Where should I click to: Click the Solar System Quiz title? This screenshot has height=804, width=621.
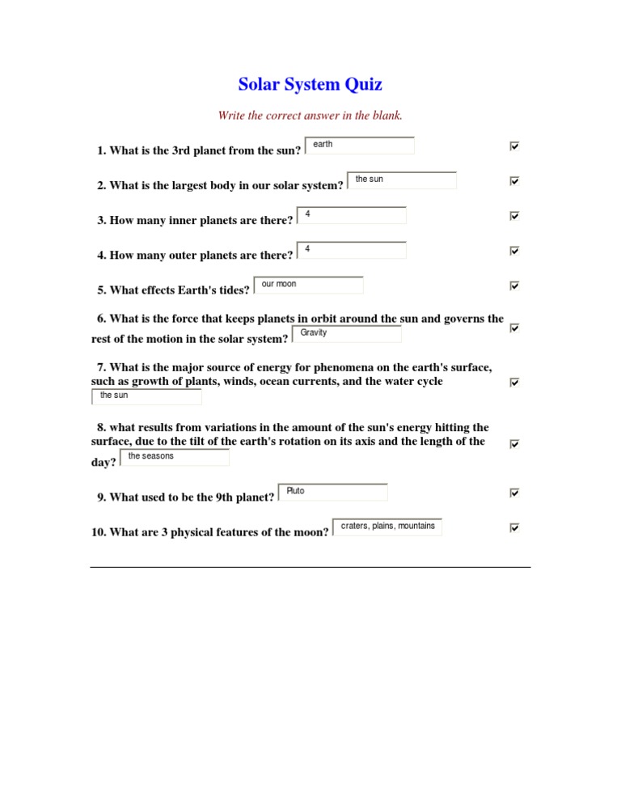tap(310, 84)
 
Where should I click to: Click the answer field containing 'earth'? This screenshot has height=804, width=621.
tap(360, 146)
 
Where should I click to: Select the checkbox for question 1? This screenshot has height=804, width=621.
tap(514, 146)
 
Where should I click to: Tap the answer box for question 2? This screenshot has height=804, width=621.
tap(402, 180)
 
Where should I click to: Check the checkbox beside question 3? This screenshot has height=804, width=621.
tap(514, 216)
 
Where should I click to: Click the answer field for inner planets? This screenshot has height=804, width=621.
tap(352, 215)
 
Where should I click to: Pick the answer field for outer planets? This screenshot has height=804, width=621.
tap(352, 250)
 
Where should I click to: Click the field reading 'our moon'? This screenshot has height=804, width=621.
tap(309, 286)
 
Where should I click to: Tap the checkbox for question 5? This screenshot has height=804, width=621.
tap(514, 286)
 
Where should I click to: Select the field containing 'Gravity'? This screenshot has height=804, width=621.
tap(347, 334)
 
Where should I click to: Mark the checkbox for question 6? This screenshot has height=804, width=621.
tap(514, 328)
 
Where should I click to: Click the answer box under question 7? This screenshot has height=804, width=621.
tap(146, 396)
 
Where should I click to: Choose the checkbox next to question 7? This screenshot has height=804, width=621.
tap(514, 382)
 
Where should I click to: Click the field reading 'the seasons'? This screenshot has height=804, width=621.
tap(175, 457)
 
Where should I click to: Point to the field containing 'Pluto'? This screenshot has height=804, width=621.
tap(333, 492)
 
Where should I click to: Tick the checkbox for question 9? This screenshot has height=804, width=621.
tap(514, 493)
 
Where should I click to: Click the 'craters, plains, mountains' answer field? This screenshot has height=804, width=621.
tap(387, 527)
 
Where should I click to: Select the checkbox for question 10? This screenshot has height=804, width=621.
tap(514, 527)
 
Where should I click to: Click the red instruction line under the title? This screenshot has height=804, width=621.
tap(310, 116)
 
